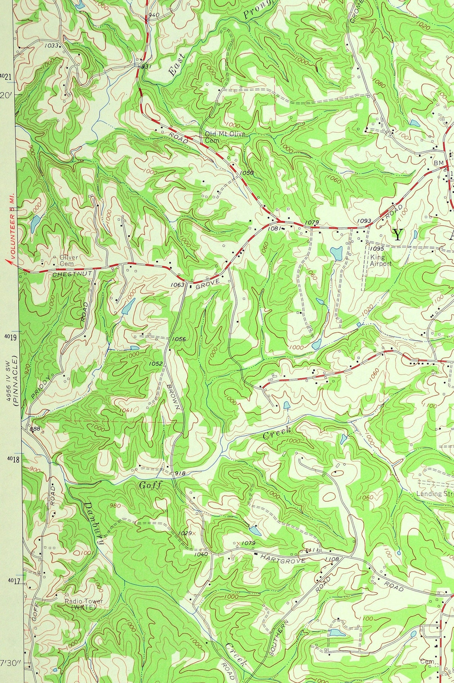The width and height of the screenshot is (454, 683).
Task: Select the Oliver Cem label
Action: pos(68,260)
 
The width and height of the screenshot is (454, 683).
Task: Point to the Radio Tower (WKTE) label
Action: pos(84,604)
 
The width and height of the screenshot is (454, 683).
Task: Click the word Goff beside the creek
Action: pos(151,485)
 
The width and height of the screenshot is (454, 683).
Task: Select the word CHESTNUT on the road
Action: pos(72,274)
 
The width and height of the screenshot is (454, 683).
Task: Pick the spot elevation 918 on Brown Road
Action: pos(180,473)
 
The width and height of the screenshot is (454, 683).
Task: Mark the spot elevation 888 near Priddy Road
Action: pos(35,429)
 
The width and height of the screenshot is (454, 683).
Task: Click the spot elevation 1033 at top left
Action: pos(51,45)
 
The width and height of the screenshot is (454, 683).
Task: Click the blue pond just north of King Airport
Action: pos(337,253)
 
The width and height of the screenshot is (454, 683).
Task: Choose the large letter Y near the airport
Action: pos(397,235)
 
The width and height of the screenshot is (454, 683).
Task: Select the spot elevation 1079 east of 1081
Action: pos(313,222)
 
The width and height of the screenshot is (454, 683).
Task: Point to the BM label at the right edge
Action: pos(438,163)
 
